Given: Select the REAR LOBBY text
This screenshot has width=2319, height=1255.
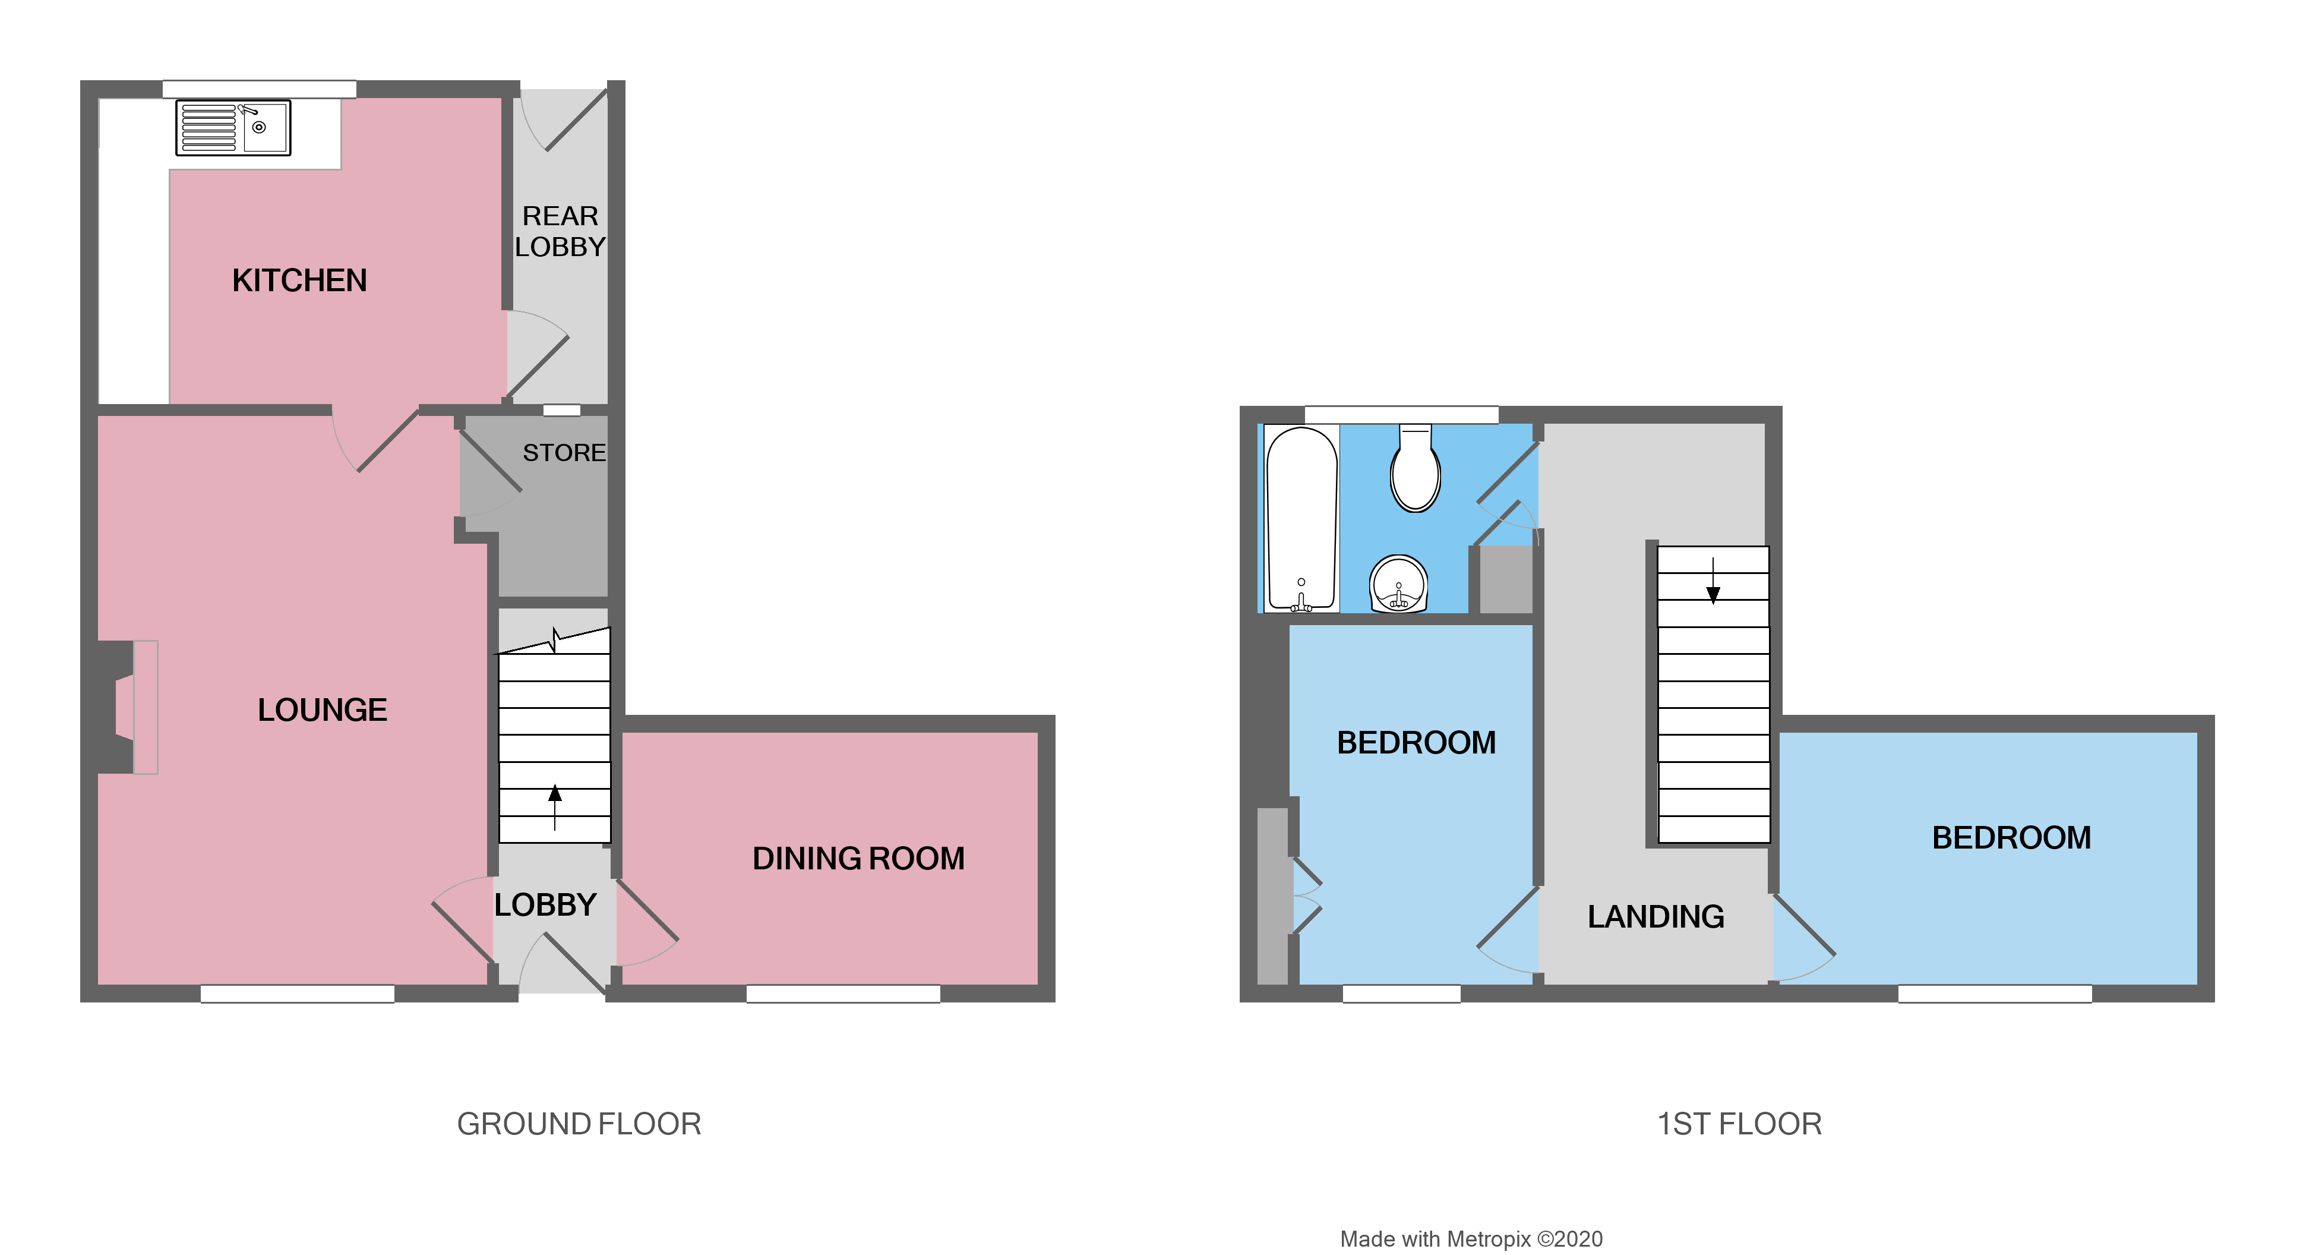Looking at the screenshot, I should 560,231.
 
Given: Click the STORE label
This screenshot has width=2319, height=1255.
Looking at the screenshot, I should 564,453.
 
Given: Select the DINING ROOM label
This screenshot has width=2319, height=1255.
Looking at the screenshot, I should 858,859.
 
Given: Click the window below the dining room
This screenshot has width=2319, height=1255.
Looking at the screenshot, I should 843,994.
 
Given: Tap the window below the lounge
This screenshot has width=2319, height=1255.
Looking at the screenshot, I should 297,994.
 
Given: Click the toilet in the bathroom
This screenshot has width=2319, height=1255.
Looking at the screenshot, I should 1415,470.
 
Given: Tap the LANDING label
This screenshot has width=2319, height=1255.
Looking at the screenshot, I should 1655,916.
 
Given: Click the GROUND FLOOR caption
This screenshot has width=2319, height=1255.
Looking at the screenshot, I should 578,1124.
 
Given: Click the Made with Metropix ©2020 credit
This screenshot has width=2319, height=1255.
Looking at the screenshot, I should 1470,1240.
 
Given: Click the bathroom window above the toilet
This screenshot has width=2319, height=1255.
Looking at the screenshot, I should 1401,415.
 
